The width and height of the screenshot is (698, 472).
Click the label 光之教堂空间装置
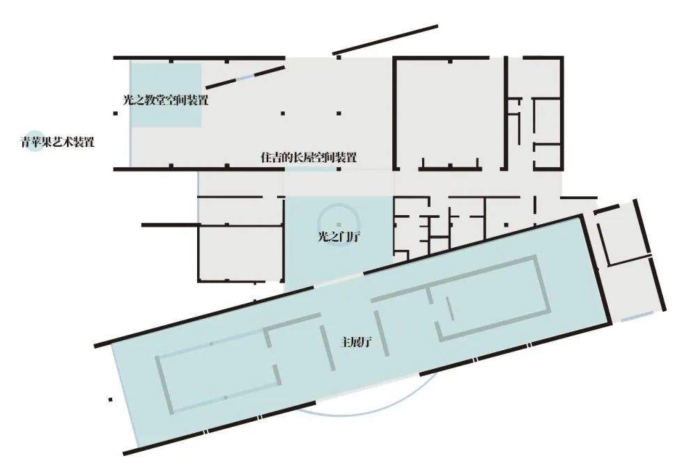point(166,100)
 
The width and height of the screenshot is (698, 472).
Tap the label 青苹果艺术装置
point(57,142)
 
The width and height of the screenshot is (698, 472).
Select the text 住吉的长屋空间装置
point(309,157)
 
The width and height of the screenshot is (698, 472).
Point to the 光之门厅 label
point(339,237)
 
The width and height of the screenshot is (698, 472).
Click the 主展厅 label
point(356,342)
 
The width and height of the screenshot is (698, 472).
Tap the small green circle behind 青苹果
point(34,141)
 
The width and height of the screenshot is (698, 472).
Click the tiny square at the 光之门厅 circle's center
point(339,225)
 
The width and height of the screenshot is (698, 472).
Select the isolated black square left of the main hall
point(110,400)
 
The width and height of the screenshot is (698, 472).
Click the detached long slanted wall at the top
point(385,40)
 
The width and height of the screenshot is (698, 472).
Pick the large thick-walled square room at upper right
point(449,113)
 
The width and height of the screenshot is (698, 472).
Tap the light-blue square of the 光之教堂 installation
point(166,95)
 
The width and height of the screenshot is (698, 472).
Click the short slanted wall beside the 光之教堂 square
point(245,77)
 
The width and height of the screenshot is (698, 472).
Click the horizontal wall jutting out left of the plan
point(169,225)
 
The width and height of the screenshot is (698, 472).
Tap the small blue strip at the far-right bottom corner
point(637,316)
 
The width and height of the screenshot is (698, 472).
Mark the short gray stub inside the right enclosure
point(450,308)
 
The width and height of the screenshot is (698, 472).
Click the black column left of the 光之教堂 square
point(116,113)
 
